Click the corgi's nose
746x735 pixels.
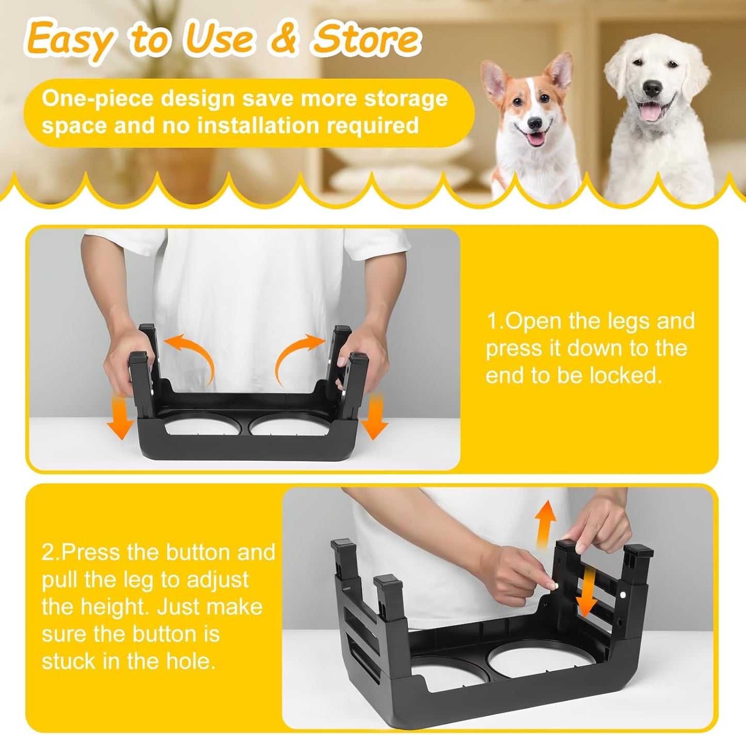point(535,123)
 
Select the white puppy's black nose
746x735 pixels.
point(653,88)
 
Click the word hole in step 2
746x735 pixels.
point(188,661)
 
